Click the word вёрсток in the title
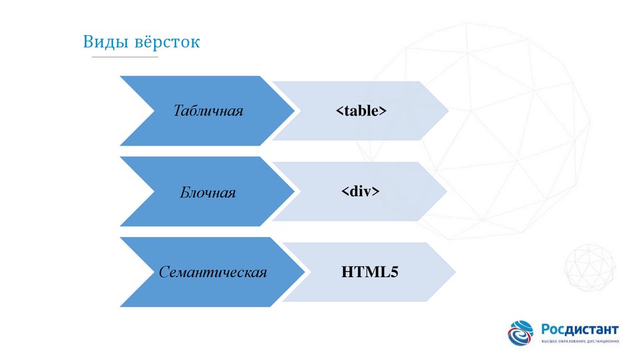[x=166, y=43]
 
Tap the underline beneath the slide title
[x=125, y=57]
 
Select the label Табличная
[x=208, y=111]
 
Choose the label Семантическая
[x=213, y=272]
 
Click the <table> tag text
[x=360, y=111]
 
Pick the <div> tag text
[x=360, y=191]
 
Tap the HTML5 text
[x=370, y=272]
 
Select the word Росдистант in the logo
[x=580, y=329]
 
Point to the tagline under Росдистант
[x=580, y=341]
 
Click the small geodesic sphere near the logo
[x=589, y=267]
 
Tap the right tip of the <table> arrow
[x=448, y=111]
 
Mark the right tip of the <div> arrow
[x=446, y=191]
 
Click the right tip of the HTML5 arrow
[x=456, y=272]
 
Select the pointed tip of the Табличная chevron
[x=293, y=111]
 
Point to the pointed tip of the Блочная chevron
[x=293, y=191]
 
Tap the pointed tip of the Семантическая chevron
[x=303, y=272]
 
